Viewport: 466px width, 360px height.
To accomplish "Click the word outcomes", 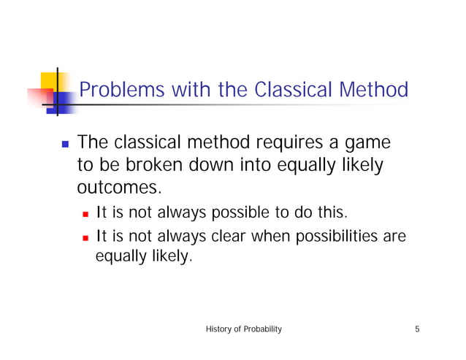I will click(x=118, y=188).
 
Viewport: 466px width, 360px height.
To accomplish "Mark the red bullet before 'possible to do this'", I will click(x=86, y=214).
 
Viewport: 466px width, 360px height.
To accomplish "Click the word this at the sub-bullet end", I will click(x=333, y=213).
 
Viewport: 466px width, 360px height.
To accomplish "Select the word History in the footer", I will click(x=221, y=329).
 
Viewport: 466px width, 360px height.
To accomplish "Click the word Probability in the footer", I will click(x=263, y=329).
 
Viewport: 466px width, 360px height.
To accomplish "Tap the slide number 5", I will click(x=417, y=329).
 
